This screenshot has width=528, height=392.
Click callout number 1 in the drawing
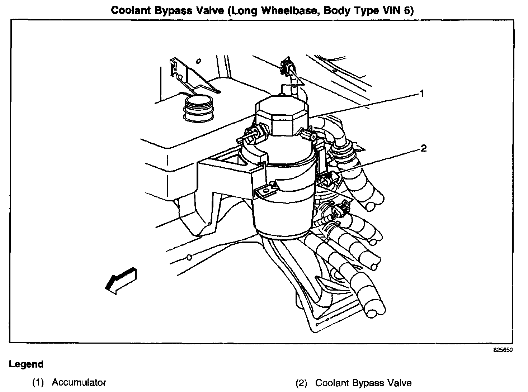click(x=422, y=94)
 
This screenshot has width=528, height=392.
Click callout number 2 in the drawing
click(x=424, y=148)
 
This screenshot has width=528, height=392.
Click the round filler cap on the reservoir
click(x=197, y=106)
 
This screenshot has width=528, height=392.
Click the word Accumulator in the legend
click(x=79, y=382)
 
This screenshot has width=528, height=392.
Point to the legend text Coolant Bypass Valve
click(x=363, y=383)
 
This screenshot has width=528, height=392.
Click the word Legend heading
click(x=26, y=364)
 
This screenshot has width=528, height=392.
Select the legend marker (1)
click(x=38, y=383)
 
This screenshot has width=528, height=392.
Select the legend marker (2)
click(x=301, y=383)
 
